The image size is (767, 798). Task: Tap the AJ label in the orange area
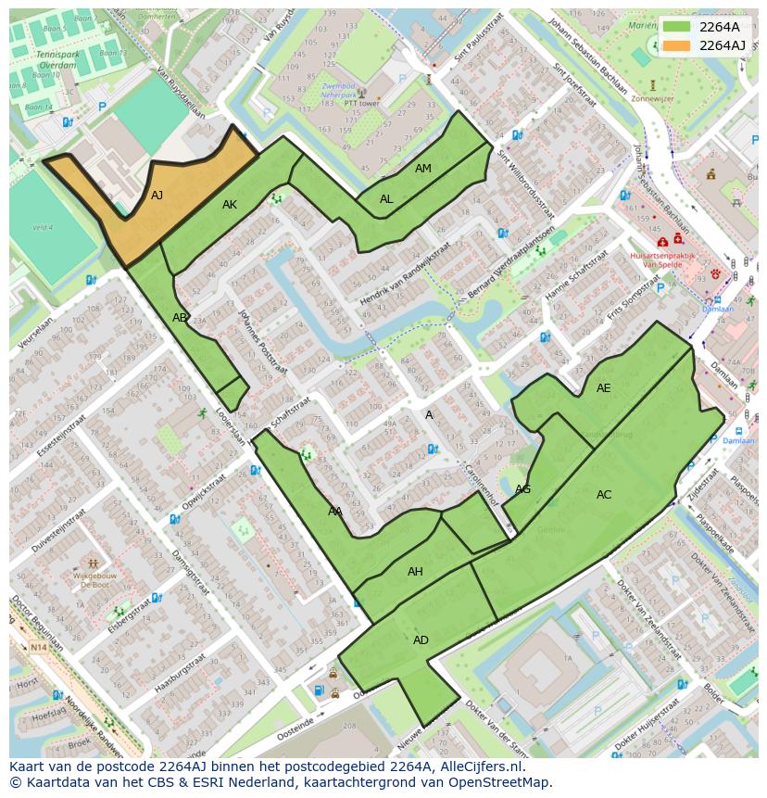(x=157, y=196)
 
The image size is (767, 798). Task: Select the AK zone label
(x=230, y=205)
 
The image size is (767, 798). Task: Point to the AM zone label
(x=422, y=169)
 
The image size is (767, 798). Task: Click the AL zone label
(x=386, y=199)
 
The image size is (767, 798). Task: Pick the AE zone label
(x=603, y=388)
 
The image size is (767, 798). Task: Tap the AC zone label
(x=604, y=495)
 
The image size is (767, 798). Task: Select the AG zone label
(x=522, y=489)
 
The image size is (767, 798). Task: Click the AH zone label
(x=415, y=572)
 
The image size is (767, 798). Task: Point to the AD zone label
(x=421, y=640)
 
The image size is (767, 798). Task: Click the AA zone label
(x=335, y=512)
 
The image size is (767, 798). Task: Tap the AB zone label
(x=180, y=318)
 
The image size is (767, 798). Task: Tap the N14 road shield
(x=38, y=647)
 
